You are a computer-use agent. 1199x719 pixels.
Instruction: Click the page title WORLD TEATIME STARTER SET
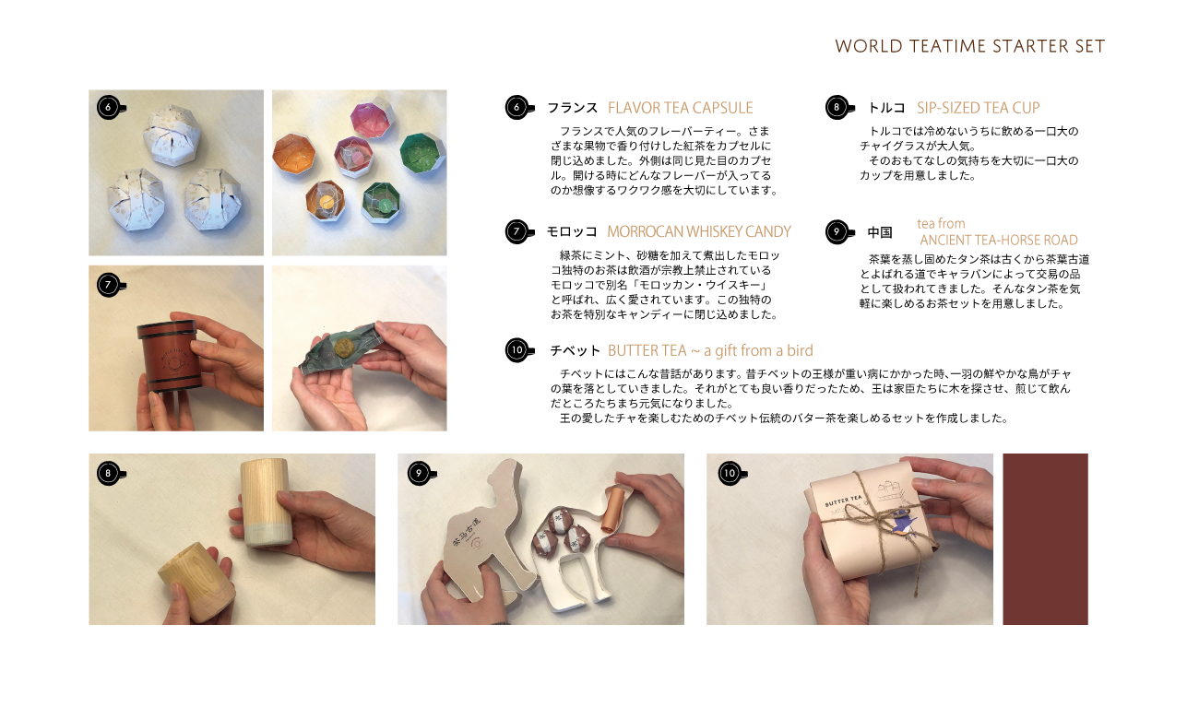pyautogui.click(x=969, y=46)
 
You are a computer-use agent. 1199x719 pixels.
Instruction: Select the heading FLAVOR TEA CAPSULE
pyautogui.click(x=681, y=108)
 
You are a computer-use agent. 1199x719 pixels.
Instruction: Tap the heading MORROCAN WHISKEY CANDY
pyautogui.click(x=698, y=231)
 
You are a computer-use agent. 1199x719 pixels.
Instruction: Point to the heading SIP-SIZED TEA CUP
pyautogui.click(x=978, y=108)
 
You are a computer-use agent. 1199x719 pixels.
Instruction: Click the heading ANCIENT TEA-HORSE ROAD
pyautogui.click(x=999, y=241)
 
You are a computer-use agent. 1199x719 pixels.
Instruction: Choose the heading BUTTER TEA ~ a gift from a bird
pyautogui.click(x=710, y=351)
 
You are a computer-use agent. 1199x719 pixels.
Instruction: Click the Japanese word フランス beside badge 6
pyautogui.click(x=572, y=108)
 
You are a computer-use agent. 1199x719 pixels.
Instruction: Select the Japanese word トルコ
pyautogui.click(x=885, y=108)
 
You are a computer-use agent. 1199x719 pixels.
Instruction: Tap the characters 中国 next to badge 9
pyautogui.click(x=880, y=232)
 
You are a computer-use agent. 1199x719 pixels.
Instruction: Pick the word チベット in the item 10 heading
pyautogui.click(x=575, y=351)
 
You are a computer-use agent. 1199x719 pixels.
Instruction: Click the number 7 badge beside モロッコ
pyautogui.click(x=517, y=231)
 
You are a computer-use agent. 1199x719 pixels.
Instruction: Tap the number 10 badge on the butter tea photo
pyautogui.click(x=730, y=474)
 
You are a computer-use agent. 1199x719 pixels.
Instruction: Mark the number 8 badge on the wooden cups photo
pyautogui.click(x=109, y=474)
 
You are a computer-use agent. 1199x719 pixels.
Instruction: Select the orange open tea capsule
pyautogui.click(x=293, y=155)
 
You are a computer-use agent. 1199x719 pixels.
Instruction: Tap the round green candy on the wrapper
pyautogui.click(x=342, y=347)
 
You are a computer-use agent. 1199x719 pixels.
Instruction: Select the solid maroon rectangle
pyautogui.click(x=1045, y=539)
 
